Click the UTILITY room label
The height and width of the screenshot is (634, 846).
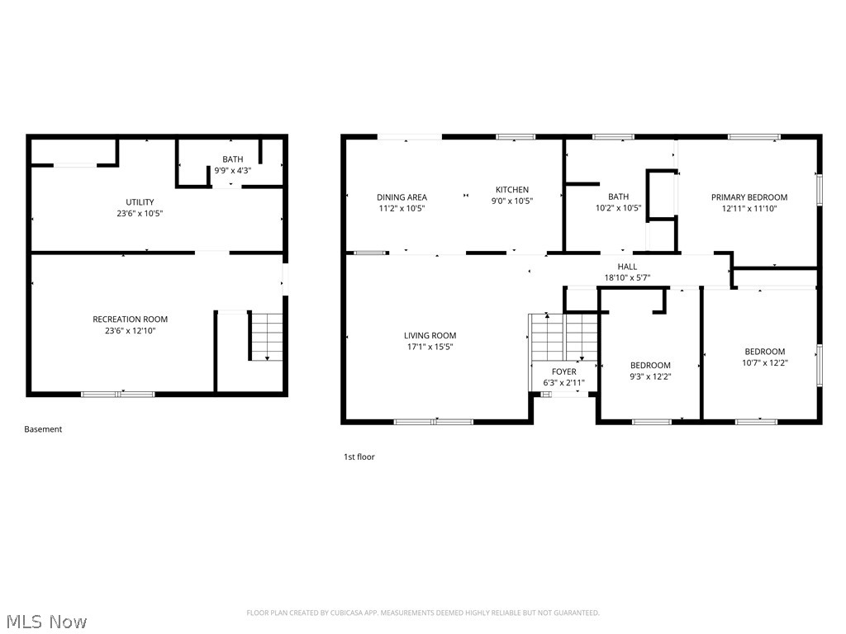tap(140, 202)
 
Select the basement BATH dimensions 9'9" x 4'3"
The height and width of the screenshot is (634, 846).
tap(232, 170)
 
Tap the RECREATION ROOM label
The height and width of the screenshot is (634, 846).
tap(130, 319)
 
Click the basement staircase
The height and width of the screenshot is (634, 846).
tap(266, 336)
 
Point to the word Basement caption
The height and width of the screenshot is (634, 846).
tap(43, 429)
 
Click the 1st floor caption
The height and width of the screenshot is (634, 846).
tap(359, 457)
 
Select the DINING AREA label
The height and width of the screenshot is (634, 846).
tap(402, 197)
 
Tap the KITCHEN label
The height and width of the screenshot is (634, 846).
tap(511, 190)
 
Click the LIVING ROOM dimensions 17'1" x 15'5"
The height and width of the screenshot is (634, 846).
tap(430, 347)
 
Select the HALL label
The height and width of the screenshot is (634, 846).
tap(627, 267)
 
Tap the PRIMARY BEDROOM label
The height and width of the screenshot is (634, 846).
tap(749, 197)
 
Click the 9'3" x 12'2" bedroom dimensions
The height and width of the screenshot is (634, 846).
tap(650, 376)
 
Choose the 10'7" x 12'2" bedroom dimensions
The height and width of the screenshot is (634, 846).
tap(764, 362)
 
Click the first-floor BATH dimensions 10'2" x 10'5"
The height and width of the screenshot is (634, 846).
tap(618, 208)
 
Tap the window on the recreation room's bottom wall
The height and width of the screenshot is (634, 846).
tap(117, 395)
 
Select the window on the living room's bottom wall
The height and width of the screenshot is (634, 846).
tap(433, 422)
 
